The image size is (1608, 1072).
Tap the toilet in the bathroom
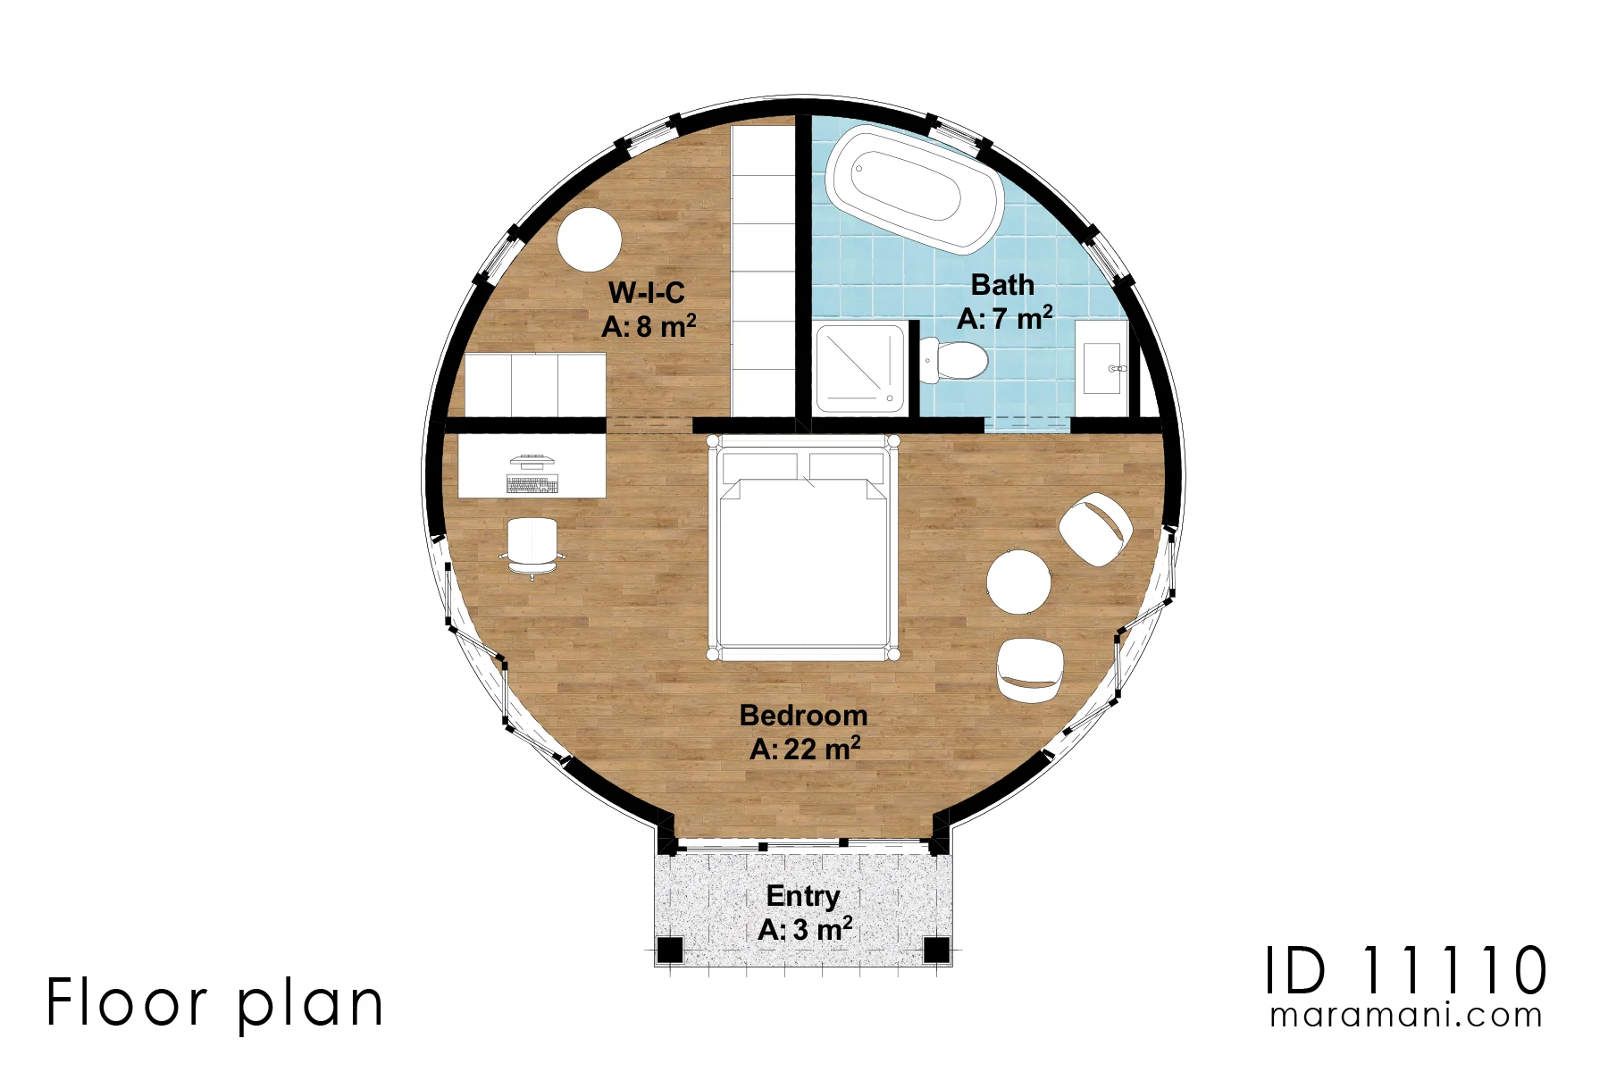[954, 360]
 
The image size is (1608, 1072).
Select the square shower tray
[859, 368]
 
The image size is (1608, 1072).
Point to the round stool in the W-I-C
[589, 239]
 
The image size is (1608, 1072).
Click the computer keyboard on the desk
[532, 484]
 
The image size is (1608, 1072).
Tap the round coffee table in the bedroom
[1018, 582]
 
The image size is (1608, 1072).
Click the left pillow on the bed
[759, 468]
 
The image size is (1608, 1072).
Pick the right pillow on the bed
[846, 468]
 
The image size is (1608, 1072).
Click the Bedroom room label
[803, 716]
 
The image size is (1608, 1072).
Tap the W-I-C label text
[647, 292]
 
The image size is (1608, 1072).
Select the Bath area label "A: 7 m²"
[1005, 318]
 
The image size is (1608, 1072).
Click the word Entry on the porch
[803, 896]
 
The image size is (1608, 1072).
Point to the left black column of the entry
[670, 950]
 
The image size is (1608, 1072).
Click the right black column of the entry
[936, 950]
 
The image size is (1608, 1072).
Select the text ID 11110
[1406, 970]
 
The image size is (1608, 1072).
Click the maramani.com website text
[1406, 1016]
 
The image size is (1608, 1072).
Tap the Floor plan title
[215, 1003]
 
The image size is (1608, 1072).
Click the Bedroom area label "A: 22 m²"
[805, 749]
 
